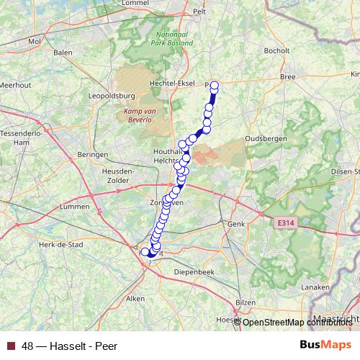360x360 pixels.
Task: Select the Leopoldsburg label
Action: coord(112,95)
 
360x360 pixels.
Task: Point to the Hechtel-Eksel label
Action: coord(171,84)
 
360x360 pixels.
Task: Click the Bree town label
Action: coord(289,76)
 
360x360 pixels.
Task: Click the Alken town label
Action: coord(135,297)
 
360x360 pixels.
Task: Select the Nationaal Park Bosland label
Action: coord(172,39)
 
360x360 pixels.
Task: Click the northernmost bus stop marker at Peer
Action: coord(214,85)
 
